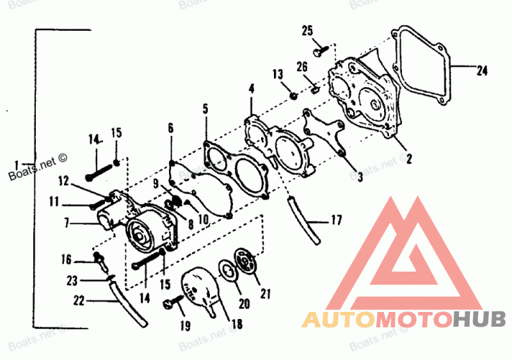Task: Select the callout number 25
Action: click(x=308, y=30)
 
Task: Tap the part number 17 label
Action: click(x=337, y=222)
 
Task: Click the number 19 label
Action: click(x=185, y=327)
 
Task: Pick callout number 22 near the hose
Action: click(x=79, y=300)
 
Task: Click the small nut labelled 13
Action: click(x=293, y=95)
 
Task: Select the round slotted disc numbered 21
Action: click(x=245, y=261)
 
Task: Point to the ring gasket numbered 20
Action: click(x=227, y=270)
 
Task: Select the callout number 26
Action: click(x=303, y=66)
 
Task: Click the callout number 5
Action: click(x=205, y=109)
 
